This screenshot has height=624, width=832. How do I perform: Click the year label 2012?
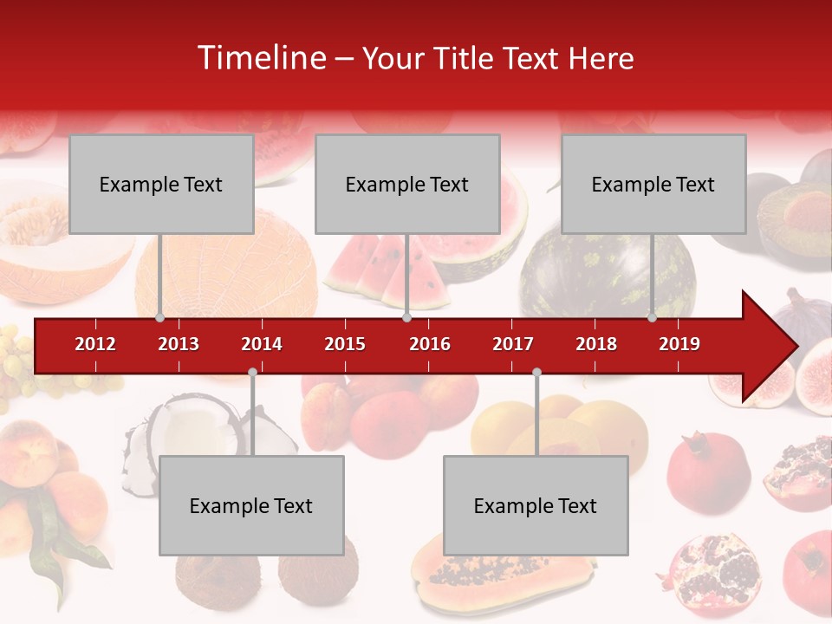[95, 344]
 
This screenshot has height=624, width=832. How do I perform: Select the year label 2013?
[179, 344]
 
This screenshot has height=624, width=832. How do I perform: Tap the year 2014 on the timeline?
[262, 344]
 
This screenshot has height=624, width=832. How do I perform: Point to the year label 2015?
[345, 344]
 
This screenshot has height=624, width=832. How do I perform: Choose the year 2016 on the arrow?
[430, 344]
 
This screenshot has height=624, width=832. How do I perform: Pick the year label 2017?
[513, 344]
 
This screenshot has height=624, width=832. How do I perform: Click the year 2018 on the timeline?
[596, 344]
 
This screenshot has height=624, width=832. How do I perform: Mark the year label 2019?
[679, 344]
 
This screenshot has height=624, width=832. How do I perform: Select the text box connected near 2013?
[161, 184]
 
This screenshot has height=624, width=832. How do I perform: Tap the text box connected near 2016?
[407, 184]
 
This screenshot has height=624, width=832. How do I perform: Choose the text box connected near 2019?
[653, 184]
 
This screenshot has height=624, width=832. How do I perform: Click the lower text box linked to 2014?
[251, 505]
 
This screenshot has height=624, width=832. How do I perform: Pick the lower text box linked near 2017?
[536, 505]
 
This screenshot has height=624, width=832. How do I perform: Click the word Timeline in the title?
[262, 58]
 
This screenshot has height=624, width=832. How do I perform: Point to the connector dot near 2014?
[252, 372]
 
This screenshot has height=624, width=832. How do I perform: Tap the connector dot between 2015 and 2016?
[406, 317]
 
